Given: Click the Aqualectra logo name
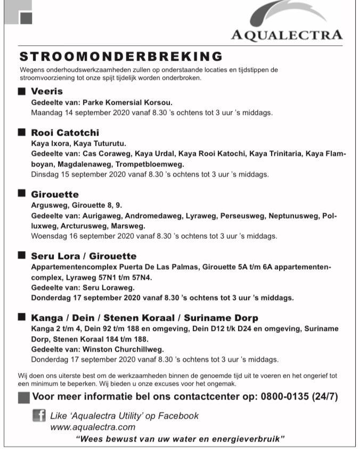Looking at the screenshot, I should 287,35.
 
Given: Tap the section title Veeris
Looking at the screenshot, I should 46,91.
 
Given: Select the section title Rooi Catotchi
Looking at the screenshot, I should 64,132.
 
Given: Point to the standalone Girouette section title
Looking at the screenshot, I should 54,194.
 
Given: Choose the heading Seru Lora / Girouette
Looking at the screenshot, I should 84,256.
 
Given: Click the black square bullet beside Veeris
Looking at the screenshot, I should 22,91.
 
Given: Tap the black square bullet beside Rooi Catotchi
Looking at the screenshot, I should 22,132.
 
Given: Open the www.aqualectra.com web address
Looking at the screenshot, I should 93,427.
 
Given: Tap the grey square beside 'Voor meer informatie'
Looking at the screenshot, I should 23,397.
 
